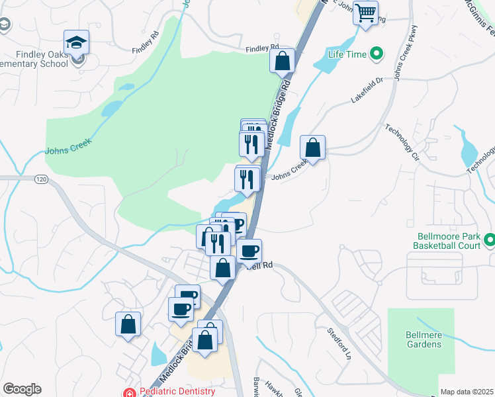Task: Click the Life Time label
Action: click(347, 53)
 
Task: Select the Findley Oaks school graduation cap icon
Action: click(77, 43)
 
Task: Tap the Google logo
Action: click(22, 389)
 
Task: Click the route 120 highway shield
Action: click(41, 179)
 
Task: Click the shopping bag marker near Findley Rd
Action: click(282, 61)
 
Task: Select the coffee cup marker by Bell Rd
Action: click(249, 251)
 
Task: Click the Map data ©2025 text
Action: click(467, 392)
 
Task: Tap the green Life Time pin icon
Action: click(377, 52)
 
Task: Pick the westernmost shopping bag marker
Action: click(128, 324)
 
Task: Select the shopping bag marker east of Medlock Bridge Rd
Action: click(312, 148)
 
